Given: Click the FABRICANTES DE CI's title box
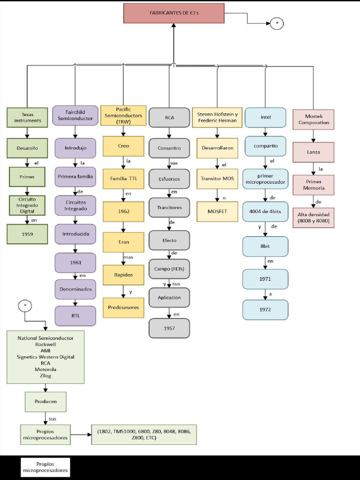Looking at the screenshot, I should pos(174,13).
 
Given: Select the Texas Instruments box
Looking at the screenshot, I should pos(27,117).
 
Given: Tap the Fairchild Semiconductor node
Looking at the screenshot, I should pos(75,115).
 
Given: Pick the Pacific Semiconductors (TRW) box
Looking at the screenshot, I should pos(124,115).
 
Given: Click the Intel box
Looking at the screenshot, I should pos(265,117).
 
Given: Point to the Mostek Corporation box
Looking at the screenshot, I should pos(314,120).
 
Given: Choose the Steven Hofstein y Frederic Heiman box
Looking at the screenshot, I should pos(217,117).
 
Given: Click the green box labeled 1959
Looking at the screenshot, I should pos(27,234).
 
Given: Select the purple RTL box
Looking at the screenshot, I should pos(75,315).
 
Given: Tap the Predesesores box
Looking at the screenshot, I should pos(124,307).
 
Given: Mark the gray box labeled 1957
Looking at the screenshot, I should pos(169,328).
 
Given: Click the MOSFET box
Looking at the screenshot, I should pos(217,211).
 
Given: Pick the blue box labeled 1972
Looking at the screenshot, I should pos(265,310).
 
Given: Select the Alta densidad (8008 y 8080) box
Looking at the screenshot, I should pos(314,217).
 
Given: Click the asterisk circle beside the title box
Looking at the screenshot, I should pos(277,23).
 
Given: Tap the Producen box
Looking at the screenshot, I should pos(45,402).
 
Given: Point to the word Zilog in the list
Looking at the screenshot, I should pos(45,375).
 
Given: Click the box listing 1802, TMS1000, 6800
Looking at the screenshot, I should pos(144,435).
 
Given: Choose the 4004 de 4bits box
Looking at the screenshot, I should pos(265,211).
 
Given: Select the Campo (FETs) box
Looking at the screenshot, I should pos(169,269).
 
